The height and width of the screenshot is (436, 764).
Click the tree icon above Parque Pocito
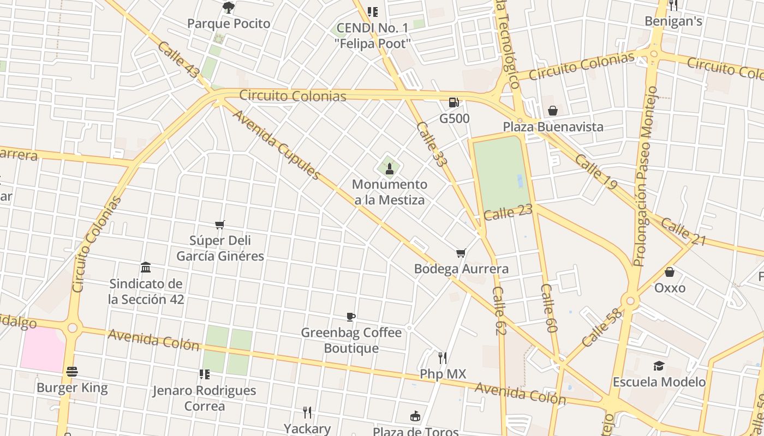click(x=229, y=8)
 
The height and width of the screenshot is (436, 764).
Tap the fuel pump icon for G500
click(x=453, y=102)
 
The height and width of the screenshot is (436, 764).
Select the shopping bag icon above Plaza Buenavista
click(x=553, y=111)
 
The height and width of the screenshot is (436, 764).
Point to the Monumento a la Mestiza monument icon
click(x=389, y=168)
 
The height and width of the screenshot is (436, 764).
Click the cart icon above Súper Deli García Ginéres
click(x=220, y=225)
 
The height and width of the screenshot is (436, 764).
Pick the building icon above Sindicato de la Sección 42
click(x=146, y=267)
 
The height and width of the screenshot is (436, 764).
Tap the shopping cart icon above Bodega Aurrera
click(x=461, y=253)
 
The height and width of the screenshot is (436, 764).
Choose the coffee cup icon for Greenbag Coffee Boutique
click(x=351, y=317)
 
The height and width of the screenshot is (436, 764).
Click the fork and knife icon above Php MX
click(x=443, y=358)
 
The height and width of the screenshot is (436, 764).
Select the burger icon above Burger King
click(x=72, y=372)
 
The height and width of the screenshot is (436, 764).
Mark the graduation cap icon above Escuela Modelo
click(x=659, y=366)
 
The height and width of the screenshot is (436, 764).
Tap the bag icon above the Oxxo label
click(x=670, y=272)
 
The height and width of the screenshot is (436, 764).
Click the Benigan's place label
click(x=673, y=21)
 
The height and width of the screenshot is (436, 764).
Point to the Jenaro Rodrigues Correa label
click(x=204, y=398)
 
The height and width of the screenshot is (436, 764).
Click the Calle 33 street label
click(x=431, y=144)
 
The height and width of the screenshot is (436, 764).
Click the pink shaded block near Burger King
click(x=43, y=349)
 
